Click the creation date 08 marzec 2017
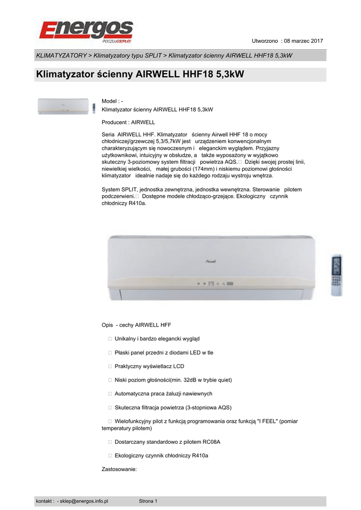click(x=303, y=40)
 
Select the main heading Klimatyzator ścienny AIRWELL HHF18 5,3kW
click(x=141, y=75)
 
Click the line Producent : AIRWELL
click(x=128, y=122)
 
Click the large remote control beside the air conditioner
click(x=337, y=275)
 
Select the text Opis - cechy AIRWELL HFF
click(x=136, y=325)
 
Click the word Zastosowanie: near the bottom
click(x=119, y=469)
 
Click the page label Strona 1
click(x=148, y=501)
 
